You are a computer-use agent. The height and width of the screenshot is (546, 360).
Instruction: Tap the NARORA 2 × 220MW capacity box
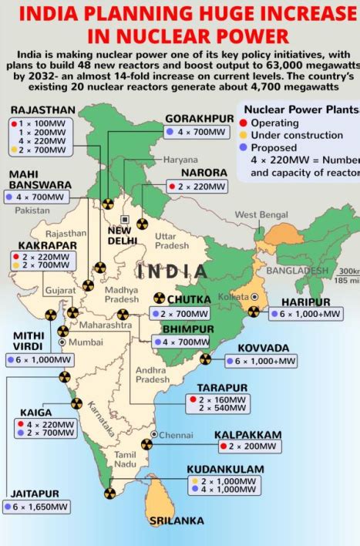(x=197, y=187)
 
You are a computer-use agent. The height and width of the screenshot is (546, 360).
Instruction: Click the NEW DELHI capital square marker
(x=125, y=220)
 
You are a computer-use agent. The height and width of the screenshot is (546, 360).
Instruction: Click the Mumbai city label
(x=85, y=342)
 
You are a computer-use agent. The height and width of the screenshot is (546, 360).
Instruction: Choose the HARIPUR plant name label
(x=306, y=302)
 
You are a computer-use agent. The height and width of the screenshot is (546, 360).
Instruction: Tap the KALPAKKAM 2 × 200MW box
(x=249, y=447)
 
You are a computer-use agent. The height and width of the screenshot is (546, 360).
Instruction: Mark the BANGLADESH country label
(x=297, y=271)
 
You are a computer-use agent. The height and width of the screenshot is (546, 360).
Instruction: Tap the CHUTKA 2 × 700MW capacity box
(x=183, y=315)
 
